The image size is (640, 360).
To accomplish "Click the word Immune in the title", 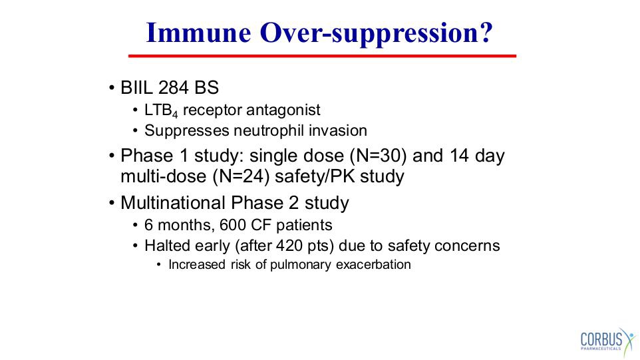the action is pos(198,32).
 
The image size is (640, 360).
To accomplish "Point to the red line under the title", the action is pos(322,56).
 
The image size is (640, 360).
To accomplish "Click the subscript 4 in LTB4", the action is pos(175,114).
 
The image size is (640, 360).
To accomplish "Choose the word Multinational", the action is pos(173,203).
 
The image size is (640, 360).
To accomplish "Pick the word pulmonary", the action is pos(301,265).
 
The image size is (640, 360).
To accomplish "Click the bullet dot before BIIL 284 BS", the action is pos(111,88).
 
